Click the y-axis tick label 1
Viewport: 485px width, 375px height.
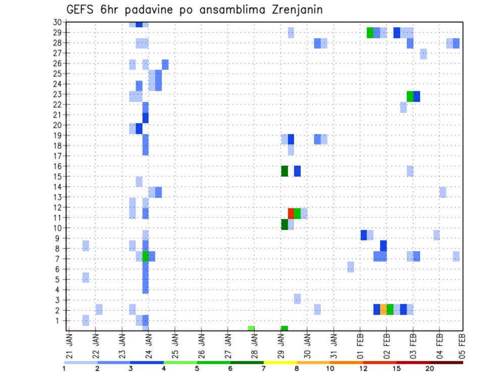pyautogui.click(x=59, y=320)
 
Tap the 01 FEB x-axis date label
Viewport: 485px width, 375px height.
pyautogui.click(x=360, y=345)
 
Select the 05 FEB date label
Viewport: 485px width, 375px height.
pyautogui.click(x=461, y=345)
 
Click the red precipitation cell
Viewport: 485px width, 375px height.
pyautogui.click(x=291, y=213)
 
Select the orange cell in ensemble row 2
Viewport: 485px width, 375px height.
pyautogui.click(x=383, y=309)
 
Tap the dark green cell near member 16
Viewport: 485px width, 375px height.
pyautogui.click(x=284, y=171)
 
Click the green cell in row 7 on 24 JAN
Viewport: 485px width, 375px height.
pyautogui.click(x=145, y=256)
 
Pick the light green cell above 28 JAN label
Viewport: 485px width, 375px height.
pyautogui.click(x=251, y=329)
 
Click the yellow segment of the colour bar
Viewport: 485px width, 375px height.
pyautogui.click(x=280, y=362)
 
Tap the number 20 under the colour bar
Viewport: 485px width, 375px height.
pyautogui.click(x=430, y=369)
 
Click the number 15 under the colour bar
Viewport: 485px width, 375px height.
pyautogui.click(x=397, y=369)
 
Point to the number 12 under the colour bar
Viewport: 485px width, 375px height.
pyautogui.click(x=363, y=369)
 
